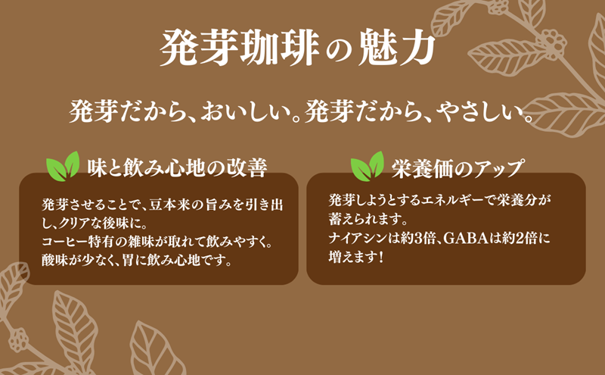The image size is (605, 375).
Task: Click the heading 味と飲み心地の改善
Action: coord(176,167)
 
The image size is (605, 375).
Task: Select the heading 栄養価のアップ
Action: coord(458,167)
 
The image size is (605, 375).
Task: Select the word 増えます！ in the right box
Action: coord(356,258)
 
